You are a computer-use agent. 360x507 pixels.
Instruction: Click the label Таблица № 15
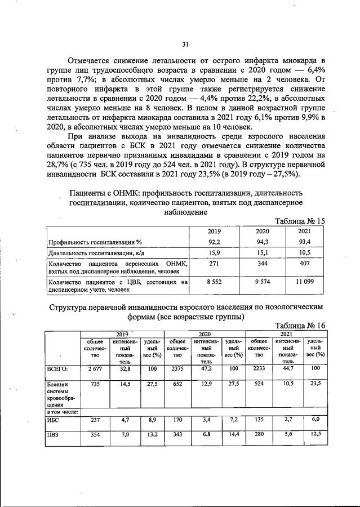299,221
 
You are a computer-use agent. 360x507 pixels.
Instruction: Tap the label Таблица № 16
299,326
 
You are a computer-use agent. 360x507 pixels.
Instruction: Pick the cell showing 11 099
304,281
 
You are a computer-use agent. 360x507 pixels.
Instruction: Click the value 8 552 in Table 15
214,281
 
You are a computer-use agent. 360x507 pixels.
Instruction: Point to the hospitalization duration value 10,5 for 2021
304,252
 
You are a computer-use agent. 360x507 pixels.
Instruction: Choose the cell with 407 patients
304,264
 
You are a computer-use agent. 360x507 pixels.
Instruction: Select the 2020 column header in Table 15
263,231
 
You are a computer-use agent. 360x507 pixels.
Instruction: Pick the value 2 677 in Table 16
90,368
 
